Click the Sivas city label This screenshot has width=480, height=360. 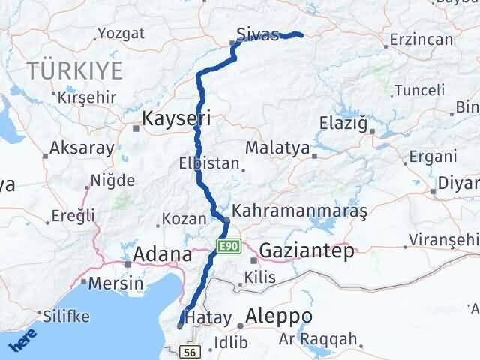256,34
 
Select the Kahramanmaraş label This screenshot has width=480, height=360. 299,212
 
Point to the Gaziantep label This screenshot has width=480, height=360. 307,251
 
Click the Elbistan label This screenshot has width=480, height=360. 209,163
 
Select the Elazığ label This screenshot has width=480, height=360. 341,122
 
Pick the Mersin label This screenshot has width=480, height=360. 115,283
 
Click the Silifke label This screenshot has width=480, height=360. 67,315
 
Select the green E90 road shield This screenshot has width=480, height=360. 229,245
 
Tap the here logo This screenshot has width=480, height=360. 25,340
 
